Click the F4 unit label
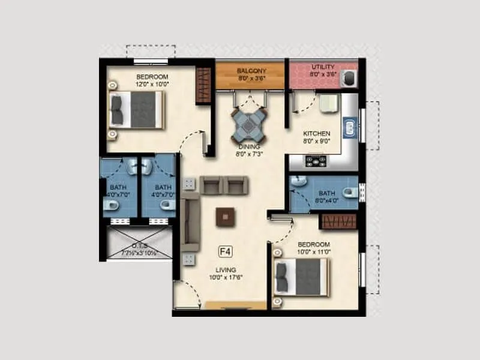click(x=226, y=251)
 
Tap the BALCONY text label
click(x=251, y=70)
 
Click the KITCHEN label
click(x=317, y=133)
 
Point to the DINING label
click(x=249, y=146)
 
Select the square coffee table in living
click(x=226, y=216)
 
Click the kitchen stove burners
click(x=316, y=161)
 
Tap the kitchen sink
click(x=349, y=127)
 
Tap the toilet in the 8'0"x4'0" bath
click(x=349, y=192)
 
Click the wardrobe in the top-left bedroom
click(x=204, y=85)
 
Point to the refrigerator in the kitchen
click(x=328, y=103)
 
